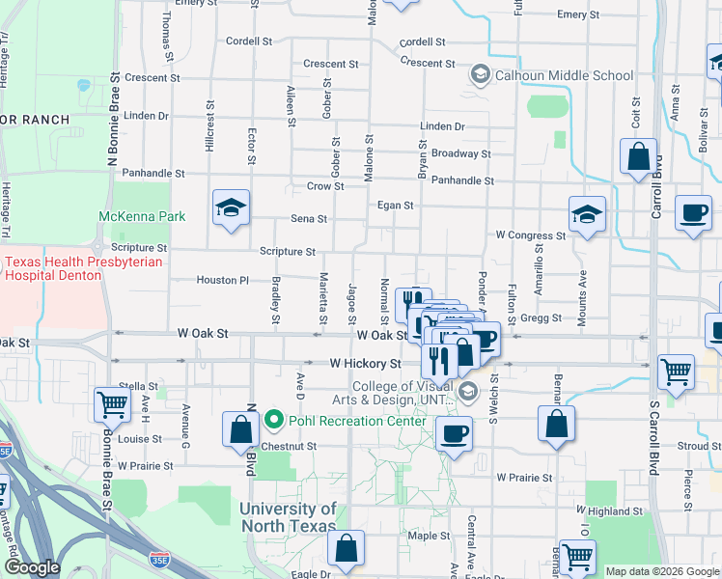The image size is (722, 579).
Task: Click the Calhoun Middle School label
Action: (x=564, y=75)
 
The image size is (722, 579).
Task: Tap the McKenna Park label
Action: (x=142, y=216)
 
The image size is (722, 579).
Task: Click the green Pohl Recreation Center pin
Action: (x=274, y=421)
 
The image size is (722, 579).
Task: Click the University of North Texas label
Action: (x=288, y=517)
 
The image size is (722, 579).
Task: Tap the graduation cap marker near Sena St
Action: (x=230, y=207)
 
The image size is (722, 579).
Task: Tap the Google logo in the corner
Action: (x=32, y=567)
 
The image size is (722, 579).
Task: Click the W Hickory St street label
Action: (x=365, y=364)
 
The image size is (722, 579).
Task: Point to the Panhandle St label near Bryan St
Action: (x=462, y=180)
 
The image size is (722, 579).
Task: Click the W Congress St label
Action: (x=530, y=235)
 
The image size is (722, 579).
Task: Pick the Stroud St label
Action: (x=699, y=447)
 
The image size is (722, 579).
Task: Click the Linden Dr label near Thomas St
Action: (x=147, y=116)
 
